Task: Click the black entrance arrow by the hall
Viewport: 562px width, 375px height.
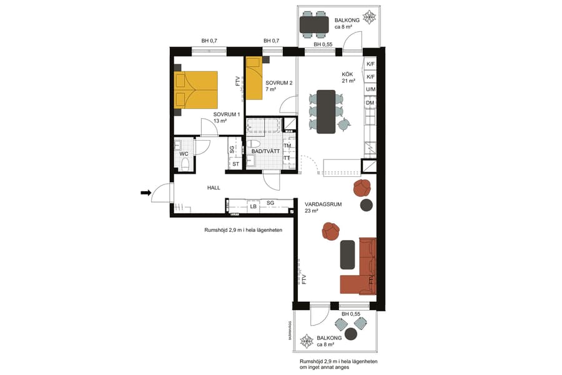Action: (x=145, y=193)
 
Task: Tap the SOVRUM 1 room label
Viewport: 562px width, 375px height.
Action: (x=227, y=115)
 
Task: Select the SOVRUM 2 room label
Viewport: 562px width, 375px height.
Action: (x=279, y=83)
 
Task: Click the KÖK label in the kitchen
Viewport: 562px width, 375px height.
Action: (x=348, y=74)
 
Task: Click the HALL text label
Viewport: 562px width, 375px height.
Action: (x=214, y=187)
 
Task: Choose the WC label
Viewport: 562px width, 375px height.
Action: (x=184, y=154)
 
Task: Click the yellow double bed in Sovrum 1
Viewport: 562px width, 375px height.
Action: (x=196, y=89)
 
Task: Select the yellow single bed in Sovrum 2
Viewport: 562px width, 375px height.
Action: (x=254, y=79)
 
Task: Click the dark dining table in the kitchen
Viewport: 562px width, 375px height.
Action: (x=327, y=112)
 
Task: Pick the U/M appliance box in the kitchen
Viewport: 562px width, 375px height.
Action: (x=370, y=90)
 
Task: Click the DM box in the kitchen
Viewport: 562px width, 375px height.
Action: (x=370, y=102)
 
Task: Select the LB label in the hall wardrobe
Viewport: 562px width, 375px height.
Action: (x=254, y=206)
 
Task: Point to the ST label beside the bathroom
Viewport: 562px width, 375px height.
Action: (x=235, y=164)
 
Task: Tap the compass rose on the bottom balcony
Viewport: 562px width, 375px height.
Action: (x=308, y=341)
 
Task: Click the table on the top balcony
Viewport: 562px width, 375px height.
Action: (x=314, y=24)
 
